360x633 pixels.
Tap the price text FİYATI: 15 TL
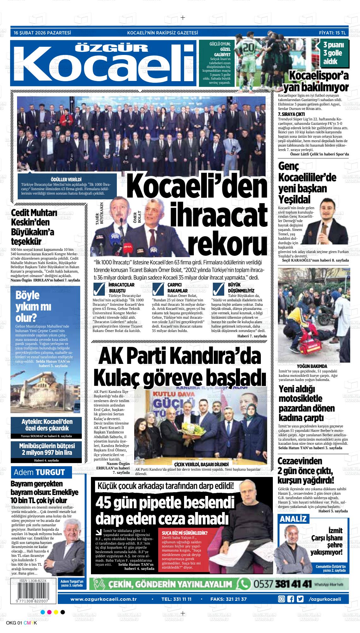332,33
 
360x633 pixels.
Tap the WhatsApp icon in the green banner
244,583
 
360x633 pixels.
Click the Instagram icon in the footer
281,599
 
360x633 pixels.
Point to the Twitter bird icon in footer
300,599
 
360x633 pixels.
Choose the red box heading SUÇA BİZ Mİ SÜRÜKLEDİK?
184,533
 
